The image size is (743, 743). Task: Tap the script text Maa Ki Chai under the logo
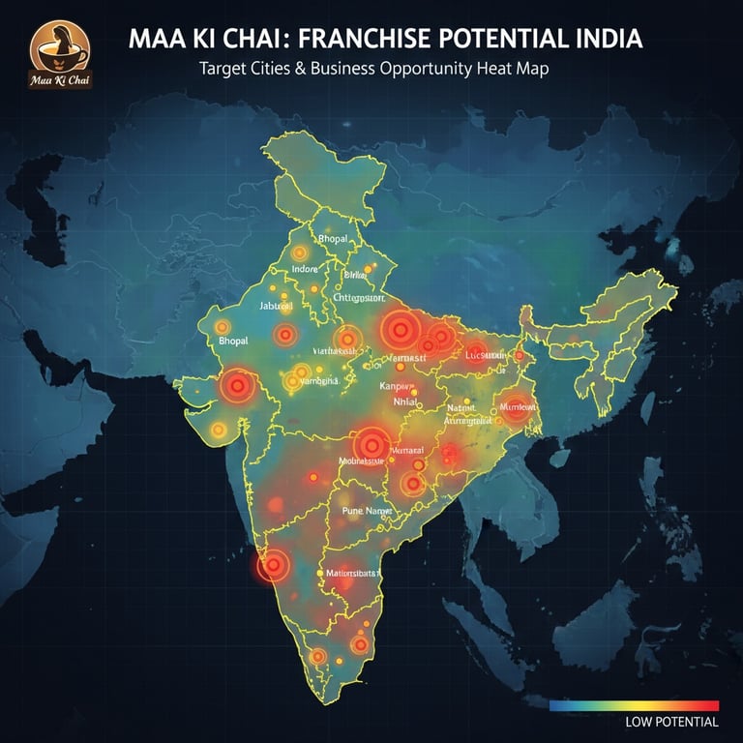coord(60,77)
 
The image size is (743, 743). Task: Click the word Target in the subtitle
coord(223,70)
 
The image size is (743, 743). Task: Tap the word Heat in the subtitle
coord(496,70)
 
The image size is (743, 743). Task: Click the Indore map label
coord(304,268)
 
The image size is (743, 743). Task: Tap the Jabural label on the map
coord(277,306)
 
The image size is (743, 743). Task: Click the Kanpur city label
coord(398,385)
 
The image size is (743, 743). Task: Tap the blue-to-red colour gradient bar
coord(634,705)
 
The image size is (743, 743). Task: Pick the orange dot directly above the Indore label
coord(300,253)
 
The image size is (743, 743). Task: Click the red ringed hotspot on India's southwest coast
coord(275,564)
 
